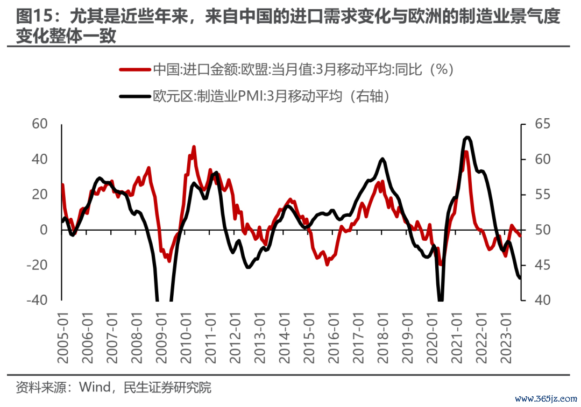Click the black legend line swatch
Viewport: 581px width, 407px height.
pyautogui.click(x=134, y=96)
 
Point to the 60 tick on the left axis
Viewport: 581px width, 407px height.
pyautogui.click(x=41, y=124)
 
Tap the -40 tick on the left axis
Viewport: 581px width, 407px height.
pyautogui.click(x=38, y=300)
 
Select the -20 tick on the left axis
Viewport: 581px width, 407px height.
pyautogui.click(x=38, y=265)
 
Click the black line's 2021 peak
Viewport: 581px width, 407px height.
pyautogui.click(x=467, y=138)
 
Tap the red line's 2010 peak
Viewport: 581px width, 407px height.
pyautogui.click(x=194, y=147)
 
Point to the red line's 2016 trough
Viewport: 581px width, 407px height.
pyautogui.click(x=327, y=264)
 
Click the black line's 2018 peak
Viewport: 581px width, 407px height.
pyautogui.click(x=382, y=159)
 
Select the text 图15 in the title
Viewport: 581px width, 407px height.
pyautogui.click(x=33, y=17)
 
